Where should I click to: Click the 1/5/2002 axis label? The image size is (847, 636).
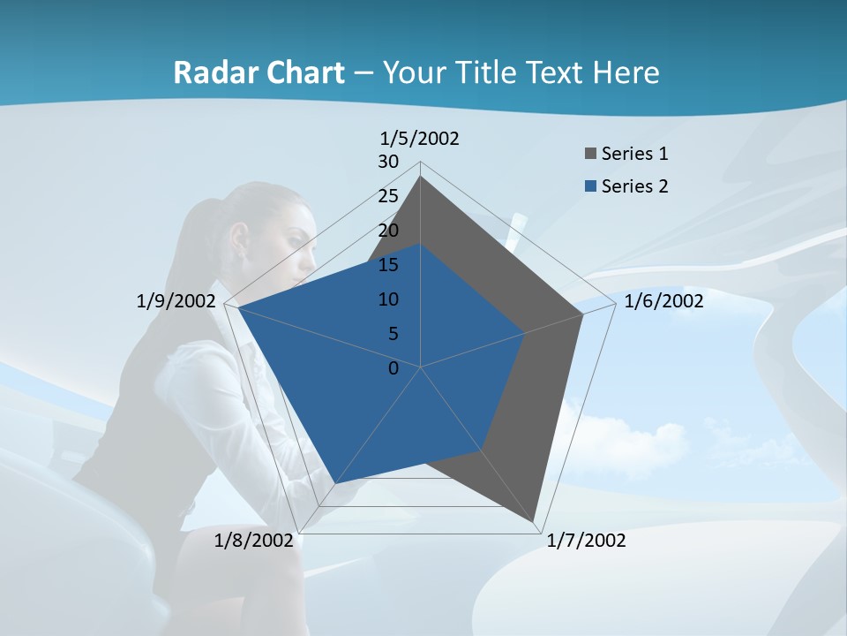pyautogui.click(x=419, y=138)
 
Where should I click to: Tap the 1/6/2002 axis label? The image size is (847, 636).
pyautogui.click(x=663, y=301)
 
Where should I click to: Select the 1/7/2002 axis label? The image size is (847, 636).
pyautogui.click(x=586, y=541)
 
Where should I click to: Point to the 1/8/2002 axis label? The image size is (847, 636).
pyautogui.click(x=254, y=541)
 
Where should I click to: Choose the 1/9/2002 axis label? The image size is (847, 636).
pyautogui.click(x=176, y=301)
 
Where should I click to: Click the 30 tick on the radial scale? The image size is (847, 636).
pyautogui.click(x=388, y=162)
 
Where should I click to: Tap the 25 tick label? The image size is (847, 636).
pyautogui.click(x=388, y=196)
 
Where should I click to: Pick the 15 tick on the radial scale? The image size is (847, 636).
pyautogui.click(x=388, y=265)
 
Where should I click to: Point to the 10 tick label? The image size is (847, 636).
pyautogui.click(x=388, y=299)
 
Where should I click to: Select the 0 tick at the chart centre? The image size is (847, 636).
pyautogui.click(x=394, y=368)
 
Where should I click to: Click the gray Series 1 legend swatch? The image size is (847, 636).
pyautogui.click(x=590, y=155)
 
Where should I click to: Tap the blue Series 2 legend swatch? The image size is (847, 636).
pyautogui.click(x=590, y=186)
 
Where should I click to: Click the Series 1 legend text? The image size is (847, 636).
pyautogui.click(x=634, y=155)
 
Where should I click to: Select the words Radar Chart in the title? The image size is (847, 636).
pyautogui.click(x=259, y=72)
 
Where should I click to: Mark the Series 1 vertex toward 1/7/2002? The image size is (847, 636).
pyautogui.click(x=534, y=521)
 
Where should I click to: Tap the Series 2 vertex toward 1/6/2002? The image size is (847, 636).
pyautogui.click(x=525, y=333)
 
